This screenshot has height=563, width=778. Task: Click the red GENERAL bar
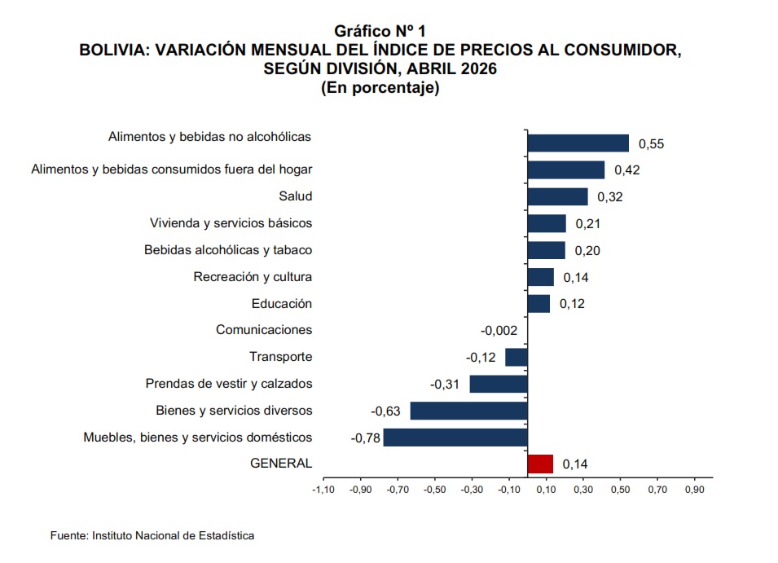click(x=540, y=464)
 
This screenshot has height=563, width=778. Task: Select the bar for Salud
click(x=558, y=196)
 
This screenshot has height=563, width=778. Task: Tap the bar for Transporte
click(x=516, y=357)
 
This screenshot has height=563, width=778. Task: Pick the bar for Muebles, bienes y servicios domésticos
click(x=455, y=438)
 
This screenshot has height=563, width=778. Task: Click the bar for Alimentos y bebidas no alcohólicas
click(x=578, y=143)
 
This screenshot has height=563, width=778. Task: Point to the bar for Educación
click(x=538, y=304)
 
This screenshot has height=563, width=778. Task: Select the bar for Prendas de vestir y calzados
click(x=499, y=384)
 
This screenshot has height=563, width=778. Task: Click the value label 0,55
click(x=651, y=144)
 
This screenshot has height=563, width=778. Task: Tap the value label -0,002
click(x=499, y=330)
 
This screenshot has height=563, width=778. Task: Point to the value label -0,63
click(x=385, y=411)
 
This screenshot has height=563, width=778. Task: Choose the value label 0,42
click(x=627, y=170)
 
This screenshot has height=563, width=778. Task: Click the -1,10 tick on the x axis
click(x=323, y=490)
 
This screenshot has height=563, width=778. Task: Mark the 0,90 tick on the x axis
click(x=695, y=490)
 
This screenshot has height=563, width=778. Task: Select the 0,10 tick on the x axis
click(x=546, y=490)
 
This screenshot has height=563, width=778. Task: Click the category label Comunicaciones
click(x=264, y=330)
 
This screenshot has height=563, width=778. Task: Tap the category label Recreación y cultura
click(x=253, y=277)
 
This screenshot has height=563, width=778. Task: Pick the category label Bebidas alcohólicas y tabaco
click(x=228, y=250)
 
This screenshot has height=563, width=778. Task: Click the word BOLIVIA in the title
click(x=114, y=50)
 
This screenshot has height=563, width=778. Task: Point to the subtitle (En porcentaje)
click(x=380, y=88)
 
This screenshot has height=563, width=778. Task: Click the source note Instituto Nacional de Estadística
click(x=174, y=536)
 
